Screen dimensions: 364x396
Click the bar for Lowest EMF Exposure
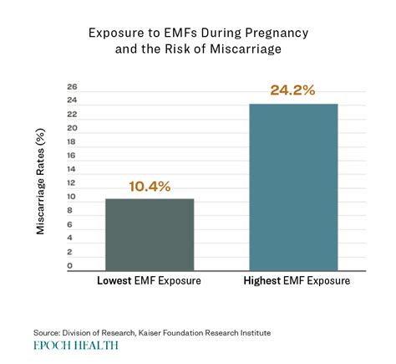tap(150, 234)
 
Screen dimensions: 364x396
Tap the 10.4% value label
tap(150, 187)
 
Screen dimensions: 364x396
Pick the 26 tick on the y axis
tap(72, 87)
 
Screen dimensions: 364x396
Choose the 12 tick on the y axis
tap(72, 183)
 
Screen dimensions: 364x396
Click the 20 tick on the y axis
tap(72, 128)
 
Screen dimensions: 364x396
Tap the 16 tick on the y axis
tap(72, 156)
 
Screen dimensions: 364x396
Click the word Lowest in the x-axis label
tap(116, 281)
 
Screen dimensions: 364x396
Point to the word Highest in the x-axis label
tap(261, 281)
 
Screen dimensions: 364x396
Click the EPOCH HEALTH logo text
tap(76, 344)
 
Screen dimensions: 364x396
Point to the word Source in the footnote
tap(48, 332)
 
